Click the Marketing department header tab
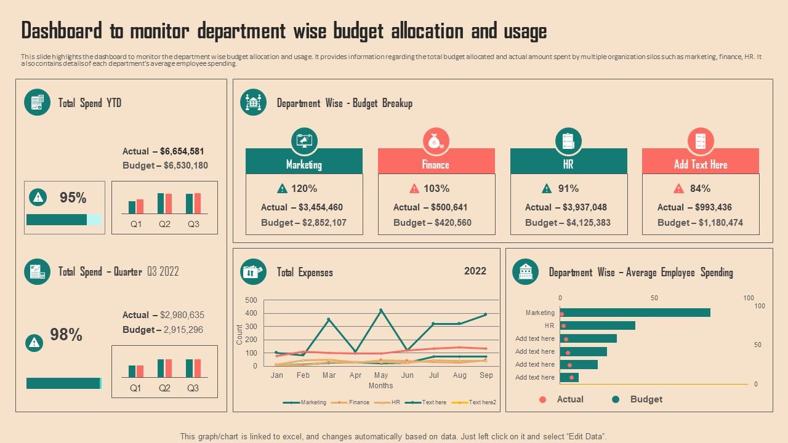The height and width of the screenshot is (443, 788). tap(304, 164)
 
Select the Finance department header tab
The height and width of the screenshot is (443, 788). tap(436, 164)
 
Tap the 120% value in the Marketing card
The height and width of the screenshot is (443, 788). tap(304, 188)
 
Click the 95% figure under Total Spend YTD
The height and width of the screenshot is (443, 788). tap(73, 198)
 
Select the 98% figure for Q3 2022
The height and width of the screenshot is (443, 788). tap(66, 335)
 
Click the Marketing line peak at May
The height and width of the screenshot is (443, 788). tap(381, 310)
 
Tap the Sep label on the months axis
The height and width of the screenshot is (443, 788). tap(486, 375)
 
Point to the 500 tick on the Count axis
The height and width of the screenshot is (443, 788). tap(251, 300)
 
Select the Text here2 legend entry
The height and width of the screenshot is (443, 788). tap(482, 402)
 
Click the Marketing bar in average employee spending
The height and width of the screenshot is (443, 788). tap(635, 313)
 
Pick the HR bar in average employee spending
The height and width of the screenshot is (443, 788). tap(597, 325)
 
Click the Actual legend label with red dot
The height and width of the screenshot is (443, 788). tap(569, 399)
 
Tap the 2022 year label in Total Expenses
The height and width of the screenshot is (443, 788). tap(475, 271)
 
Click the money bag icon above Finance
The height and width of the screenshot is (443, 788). tap(436, 141)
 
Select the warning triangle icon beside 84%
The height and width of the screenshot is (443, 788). tap(678, 188)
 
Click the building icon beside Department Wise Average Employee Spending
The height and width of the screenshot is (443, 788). tap(525, 272)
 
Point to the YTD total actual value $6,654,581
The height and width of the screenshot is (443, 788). tap(182, 151)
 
